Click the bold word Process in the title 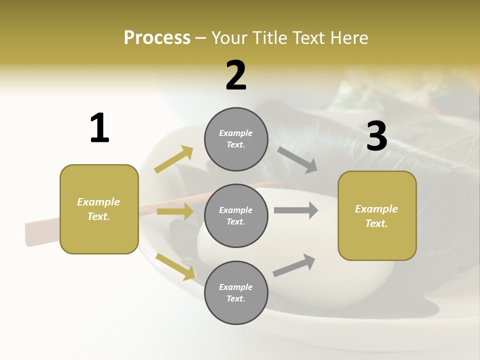coord(157,38)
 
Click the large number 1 coord(99,128)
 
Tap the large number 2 coord(236,75)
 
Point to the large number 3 coord(376,136)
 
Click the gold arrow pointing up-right coord(174,159)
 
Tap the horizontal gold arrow coord(175,211)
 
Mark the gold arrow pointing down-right coord(175,266)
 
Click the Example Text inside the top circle coord(236,139)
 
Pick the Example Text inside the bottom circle coord(236,293)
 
